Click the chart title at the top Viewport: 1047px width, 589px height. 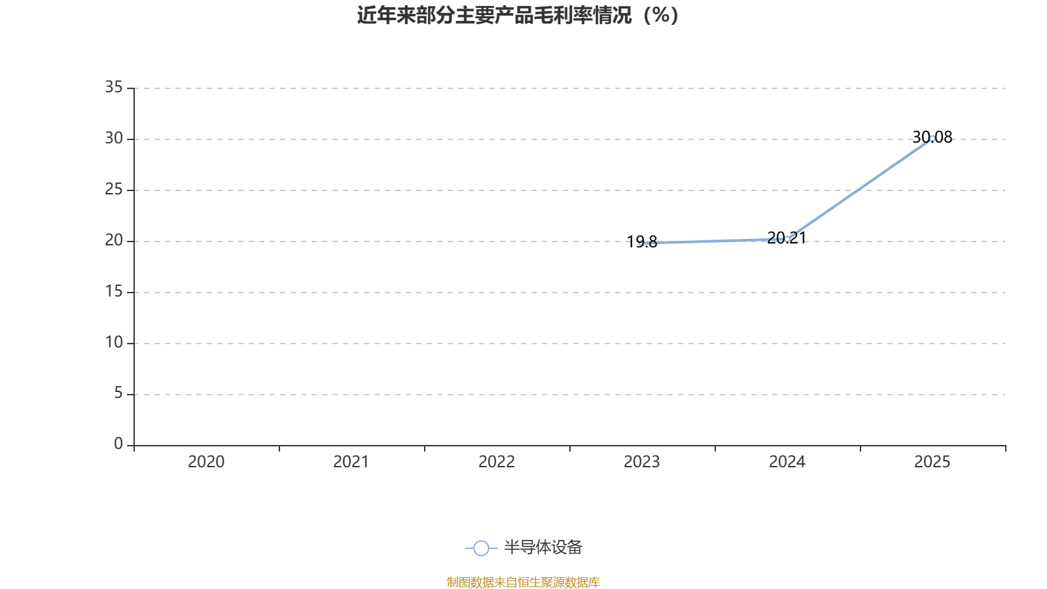(518, 15)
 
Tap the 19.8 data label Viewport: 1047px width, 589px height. (642, 242)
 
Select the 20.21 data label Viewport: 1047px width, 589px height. (787, 238)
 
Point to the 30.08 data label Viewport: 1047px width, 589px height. (932, 137)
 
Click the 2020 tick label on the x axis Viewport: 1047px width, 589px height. (206, 462)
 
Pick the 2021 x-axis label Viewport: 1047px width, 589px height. (351, 462)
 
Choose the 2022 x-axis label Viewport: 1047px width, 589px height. (497, 462)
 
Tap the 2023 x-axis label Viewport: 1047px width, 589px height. (642, 462)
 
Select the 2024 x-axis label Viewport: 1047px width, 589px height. (787, 462)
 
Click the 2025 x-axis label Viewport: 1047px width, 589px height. (932, 462)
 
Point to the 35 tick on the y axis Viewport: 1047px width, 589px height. (114, 87)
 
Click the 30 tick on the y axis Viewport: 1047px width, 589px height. (114, 138)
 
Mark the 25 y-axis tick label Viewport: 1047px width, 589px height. (114, 189)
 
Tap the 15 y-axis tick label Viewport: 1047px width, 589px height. (114, 291)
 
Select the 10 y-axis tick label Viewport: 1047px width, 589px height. (114, 342)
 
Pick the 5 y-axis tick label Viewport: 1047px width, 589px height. (118, 393)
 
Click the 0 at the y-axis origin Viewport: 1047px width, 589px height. (118, 444)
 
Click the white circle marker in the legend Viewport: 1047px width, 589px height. (481, 548)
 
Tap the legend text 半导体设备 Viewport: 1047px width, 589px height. (542, 548)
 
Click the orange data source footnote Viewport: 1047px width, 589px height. (523, 582)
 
